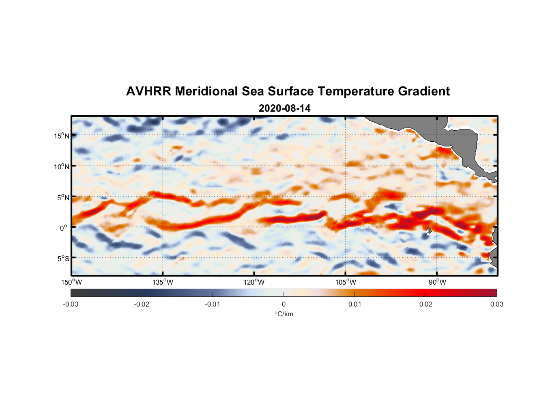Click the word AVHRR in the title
(148, 91)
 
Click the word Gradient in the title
(423, 91)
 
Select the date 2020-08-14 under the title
(284, 108)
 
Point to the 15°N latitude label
(61, 136)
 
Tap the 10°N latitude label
(61, 166)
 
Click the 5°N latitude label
(62, 197)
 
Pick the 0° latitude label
(64, 228)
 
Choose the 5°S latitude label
(62, 259)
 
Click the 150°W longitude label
(71, 282)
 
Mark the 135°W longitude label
(163, 282)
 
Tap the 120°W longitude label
(254, 282)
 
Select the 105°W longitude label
(346, 282)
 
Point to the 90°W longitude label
(437, 282)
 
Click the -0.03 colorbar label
(71, 304)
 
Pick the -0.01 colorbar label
(213, 304)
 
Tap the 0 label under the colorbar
(284, 304)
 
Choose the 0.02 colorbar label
(426, 304)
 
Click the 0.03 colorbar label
(496, 304)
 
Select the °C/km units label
(284, 314)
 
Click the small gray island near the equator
(429, 230)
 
